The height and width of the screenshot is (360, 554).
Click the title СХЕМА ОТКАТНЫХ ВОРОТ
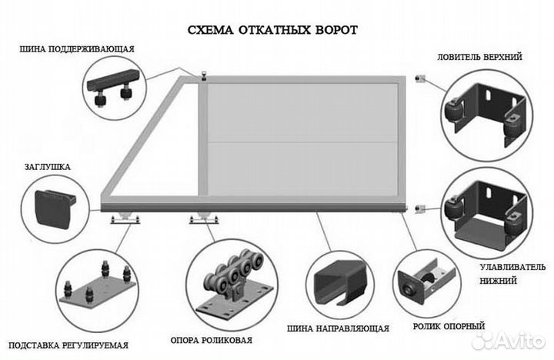[x=272, y=30]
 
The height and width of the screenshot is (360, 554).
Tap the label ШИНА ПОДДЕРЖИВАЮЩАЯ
[x=78, y=49]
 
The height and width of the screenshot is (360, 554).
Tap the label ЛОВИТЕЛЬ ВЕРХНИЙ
[x=479, y=57]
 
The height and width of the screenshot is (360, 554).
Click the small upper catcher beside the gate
[x=419, y=80]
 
